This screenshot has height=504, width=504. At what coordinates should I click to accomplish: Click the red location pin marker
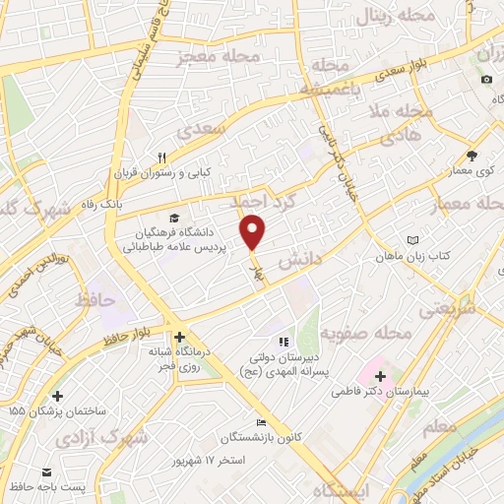click(254, 232)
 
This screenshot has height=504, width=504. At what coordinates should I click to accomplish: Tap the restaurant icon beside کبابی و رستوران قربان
click(163, 157)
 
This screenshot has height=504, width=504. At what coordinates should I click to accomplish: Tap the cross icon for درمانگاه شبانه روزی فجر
click(179, 337)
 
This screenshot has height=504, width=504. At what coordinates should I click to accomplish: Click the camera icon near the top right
click(485, 79)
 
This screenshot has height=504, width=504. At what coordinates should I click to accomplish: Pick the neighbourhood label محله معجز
click(210, 57)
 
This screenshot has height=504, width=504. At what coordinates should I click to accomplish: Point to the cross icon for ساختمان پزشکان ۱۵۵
click(57, 396)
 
